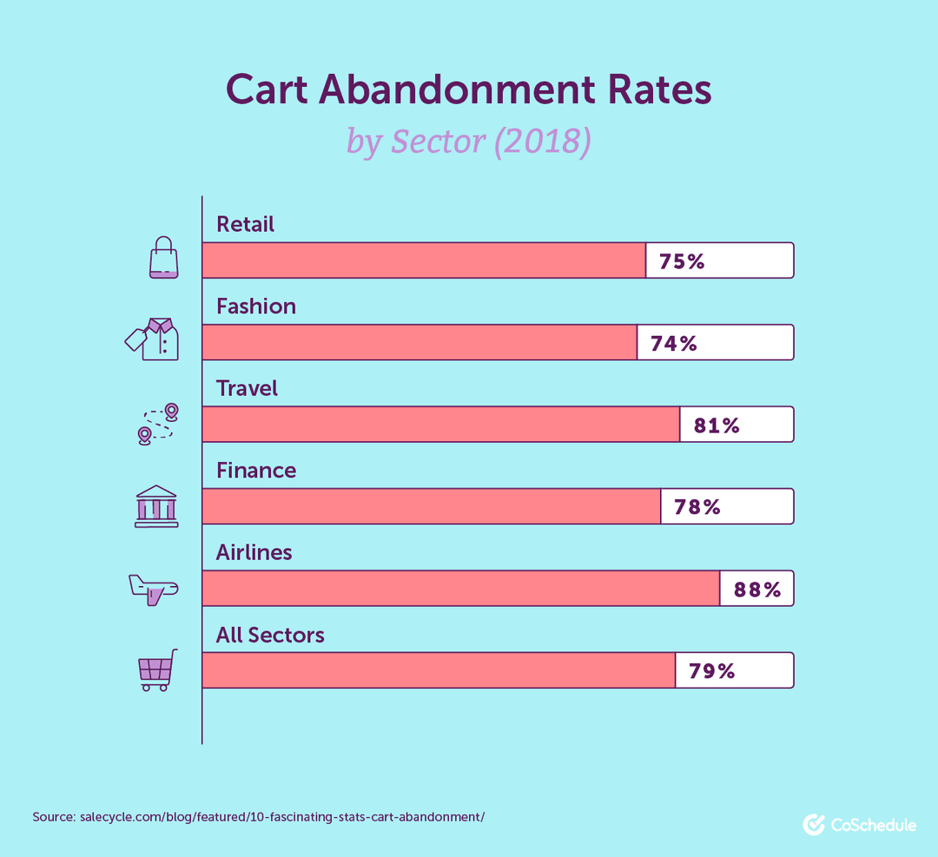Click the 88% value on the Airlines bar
pos(757,590)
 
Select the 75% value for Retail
pos(682,261)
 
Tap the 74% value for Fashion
pos(674,344)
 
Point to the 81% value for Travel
pos(717,425)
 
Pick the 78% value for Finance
pos(697,507)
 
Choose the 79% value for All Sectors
pos(712,671)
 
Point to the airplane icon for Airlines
pos(153,589)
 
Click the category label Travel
pos(247,388)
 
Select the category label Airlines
pos(254,552)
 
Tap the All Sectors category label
pos(270,635)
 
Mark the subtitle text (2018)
pos(542,141)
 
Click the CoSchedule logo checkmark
pos(814,824)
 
